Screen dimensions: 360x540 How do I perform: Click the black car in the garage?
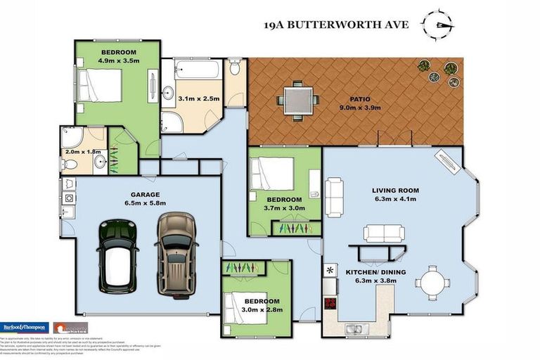[117, 256]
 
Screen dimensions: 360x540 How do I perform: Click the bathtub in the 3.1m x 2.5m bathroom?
[196, 71]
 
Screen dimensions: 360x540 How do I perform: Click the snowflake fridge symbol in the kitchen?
[329, 270]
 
